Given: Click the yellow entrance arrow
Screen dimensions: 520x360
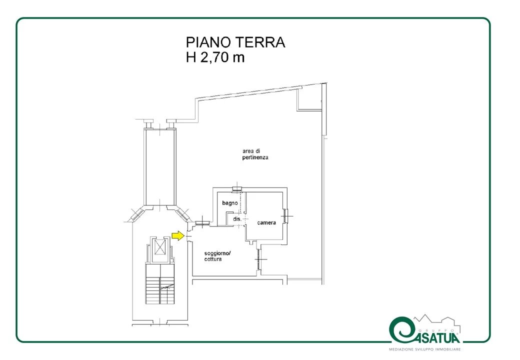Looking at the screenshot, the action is click(178, 235).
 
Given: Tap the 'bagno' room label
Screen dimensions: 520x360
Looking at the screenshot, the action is click(230, 203).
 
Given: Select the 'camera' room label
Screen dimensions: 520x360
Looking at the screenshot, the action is click(266, 223).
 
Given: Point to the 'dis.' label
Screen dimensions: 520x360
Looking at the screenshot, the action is click(237, 219).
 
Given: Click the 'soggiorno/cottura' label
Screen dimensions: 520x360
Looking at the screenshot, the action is click(217, 256).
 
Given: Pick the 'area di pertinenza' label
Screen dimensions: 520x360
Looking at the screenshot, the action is click(255, 154).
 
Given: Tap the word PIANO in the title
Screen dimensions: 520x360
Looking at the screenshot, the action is click(208, 42).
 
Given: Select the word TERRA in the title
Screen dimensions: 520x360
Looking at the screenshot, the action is click(260, 42).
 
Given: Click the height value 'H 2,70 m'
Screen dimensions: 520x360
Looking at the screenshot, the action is click(215, 57).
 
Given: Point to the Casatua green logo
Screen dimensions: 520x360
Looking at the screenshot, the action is click(424, 330).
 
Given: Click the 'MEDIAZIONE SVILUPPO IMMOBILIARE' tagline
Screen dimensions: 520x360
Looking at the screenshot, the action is click(425, 349).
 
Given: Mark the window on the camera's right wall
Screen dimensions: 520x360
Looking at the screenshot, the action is click(285, 216).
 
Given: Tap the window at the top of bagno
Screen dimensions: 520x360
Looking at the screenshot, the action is click(237, 189).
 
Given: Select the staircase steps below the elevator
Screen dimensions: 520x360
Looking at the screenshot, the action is click(160, 284).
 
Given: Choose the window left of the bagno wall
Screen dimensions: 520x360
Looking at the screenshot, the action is click(202, 224).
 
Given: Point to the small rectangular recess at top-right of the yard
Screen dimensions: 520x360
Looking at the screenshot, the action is click(309, 98).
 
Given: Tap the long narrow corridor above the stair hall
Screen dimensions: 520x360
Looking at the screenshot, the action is click(159, 166).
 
